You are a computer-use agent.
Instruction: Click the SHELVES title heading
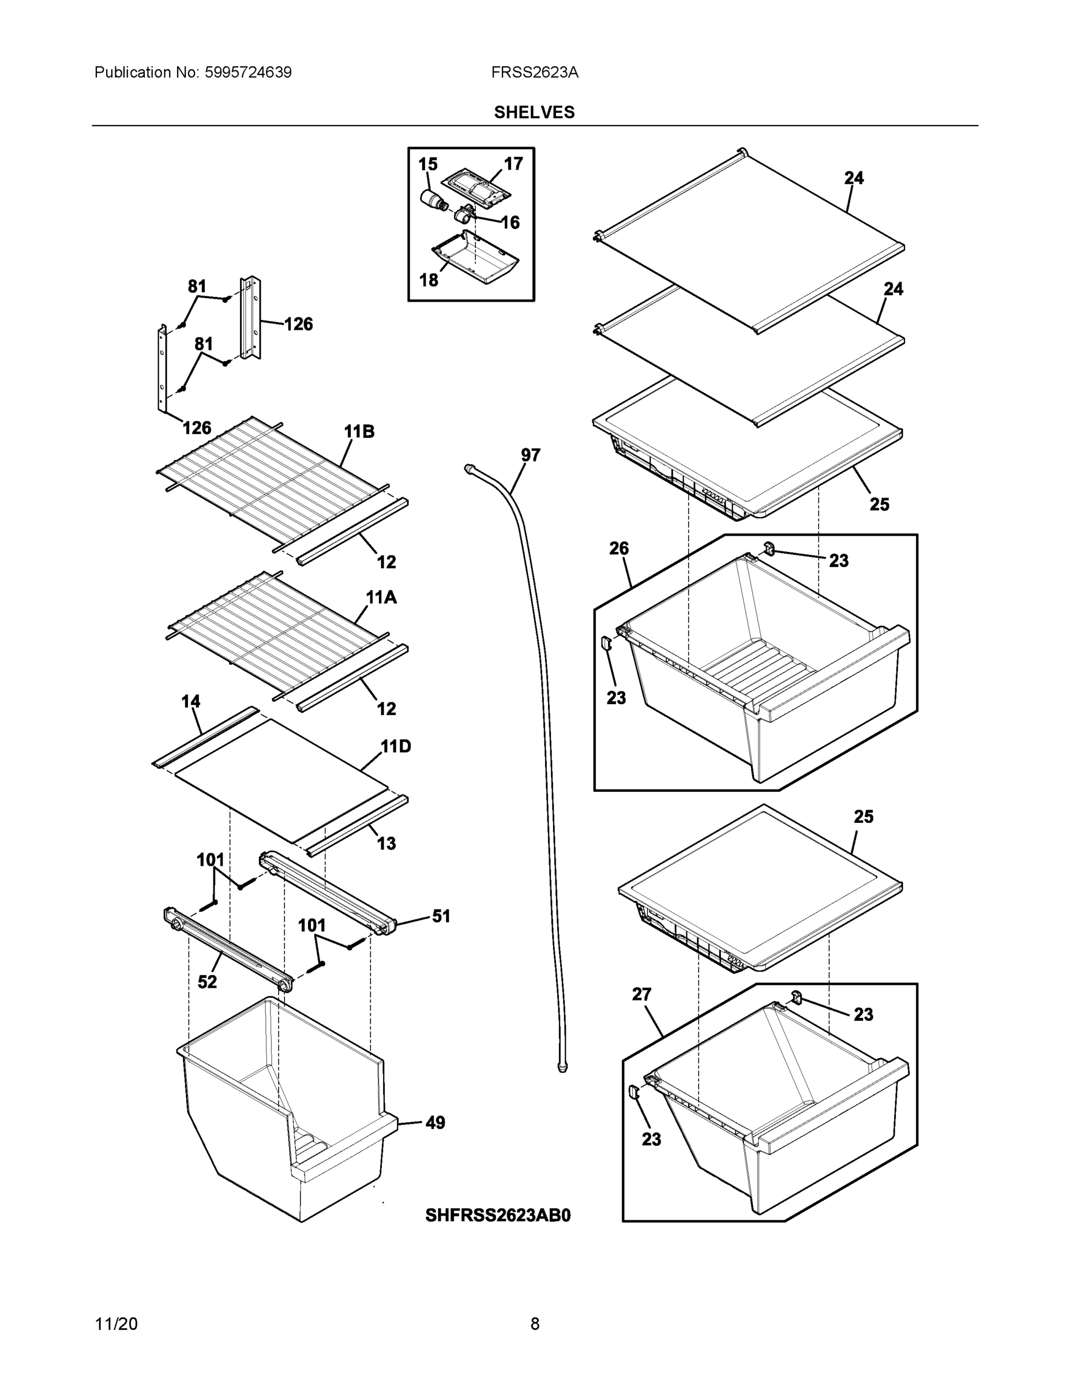click(534, 112)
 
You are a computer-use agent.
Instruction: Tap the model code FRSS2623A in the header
click(534, 72)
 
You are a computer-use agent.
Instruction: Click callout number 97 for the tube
click(530, 455)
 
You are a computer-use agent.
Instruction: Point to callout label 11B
click(359, 431)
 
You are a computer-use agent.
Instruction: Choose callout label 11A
click(381, 597)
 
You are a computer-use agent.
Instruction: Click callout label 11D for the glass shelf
click(396, 747)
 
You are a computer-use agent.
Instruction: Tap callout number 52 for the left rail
click(207, 982)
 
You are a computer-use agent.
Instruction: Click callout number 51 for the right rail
click(441, 916)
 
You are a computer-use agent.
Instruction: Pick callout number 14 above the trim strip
click(191, 701)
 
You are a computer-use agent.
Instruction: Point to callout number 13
click(386, 844)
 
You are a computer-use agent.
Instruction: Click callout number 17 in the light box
click(513, 164)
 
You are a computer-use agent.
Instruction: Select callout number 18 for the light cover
click(429, 280)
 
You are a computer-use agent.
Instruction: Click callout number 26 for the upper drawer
click(619, 548)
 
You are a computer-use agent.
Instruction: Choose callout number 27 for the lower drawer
click(641, 994)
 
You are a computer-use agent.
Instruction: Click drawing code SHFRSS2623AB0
click(498, 1215)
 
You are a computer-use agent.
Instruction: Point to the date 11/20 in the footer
click(116, 1324)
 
